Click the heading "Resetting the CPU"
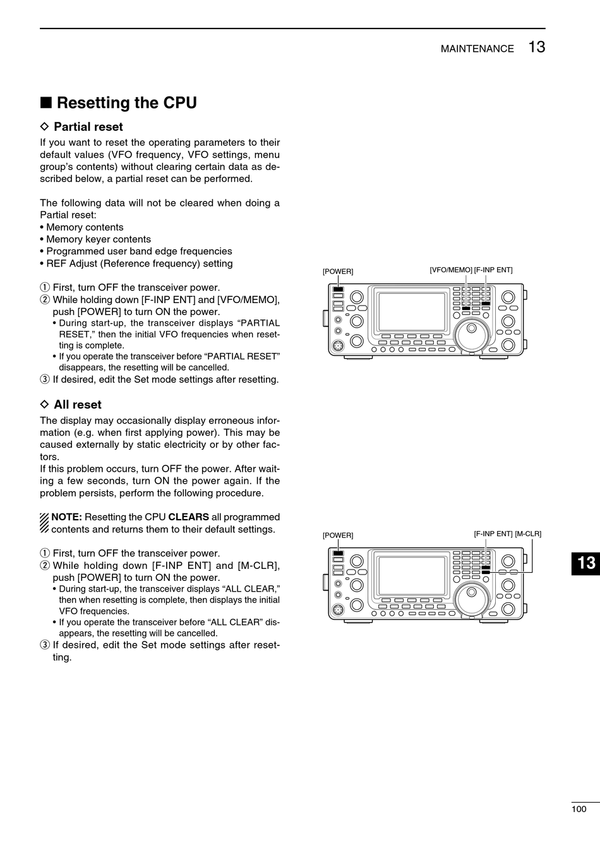click(126, 103)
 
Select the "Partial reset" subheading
click(88, 127)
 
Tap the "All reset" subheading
click(77, 405)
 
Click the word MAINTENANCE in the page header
click(477, 49)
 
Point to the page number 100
click(579, 809)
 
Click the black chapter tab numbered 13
click(585, 562)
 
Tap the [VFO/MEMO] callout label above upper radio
click(451, 270)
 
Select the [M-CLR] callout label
click(528, 534)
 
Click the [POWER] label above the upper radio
click(338, 272)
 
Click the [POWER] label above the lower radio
click(338, 535)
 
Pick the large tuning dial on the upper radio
click(472, 334)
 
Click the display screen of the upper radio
click(412, 311)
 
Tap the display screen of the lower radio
click(412, 576)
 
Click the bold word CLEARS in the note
click(188, 517)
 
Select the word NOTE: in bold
click(66, 517)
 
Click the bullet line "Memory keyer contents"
click(98, 239)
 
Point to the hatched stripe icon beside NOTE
click(44, 523)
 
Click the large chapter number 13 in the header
click(536, 47)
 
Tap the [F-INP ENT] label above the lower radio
click(493, 534)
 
